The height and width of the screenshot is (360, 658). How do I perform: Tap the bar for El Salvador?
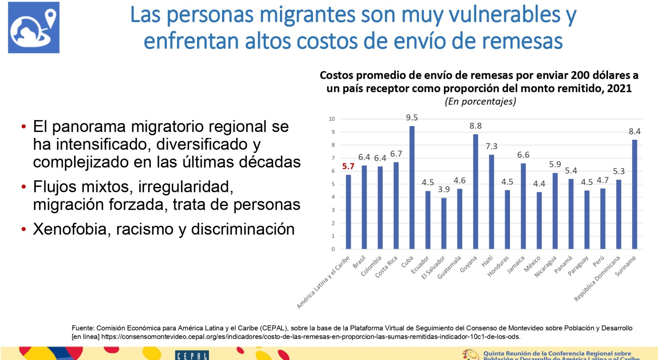[x=444, y=223]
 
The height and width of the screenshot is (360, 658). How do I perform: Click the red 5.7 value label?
[x=348, y=167]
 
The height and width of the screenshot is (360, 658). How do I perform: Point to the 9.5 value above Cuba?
[x=412, y=118]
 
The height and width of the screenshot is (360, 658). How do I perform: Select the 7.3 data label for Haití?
[x=491, y=146]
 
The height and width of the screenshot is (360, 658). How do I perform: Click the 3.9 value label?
[x=444, y=190]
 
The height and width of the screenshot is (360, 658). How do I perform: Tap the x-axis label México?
[x=533, y=264]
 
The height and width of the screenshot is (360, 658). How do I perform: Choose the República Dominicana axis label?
[x=597, y=278]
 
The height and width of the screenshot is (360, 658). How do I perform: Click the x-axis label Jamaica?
[x=516, y=265]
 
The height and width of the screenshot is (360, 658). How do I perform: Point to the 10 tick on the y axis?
[x=331, y=119]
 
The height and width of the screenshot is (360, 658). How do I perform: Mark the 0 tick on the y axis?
[x=333, y=249]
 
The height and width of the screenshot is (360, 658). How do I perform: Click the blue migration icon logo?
[x=34, y=27]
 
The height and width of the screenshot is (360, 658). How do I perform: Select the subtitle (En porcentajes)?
[x=480, y=101]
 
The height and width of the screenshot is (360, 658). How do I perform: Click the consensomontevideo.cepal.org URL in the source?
[x=310, y=337]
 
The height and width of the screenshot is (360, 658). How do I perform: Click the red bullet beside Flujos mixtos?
[x=24, y=187]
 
